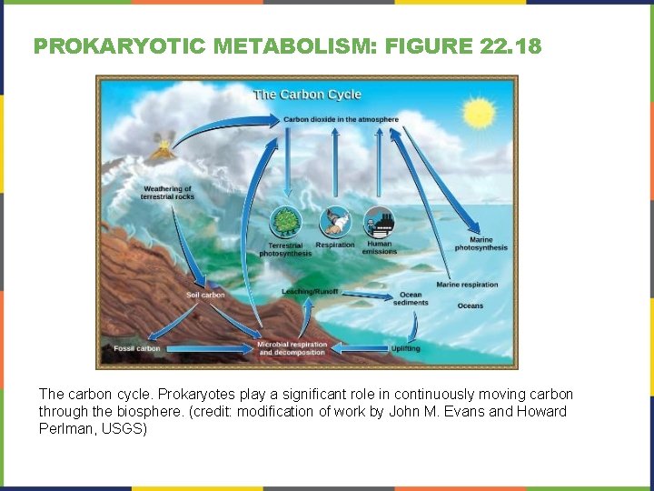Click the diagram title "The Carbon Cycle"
click(x=307, y=95)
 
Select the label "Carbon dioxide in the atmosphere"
click(x=341, y=119)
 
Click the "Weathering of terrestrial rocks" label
click(x=167, y=193)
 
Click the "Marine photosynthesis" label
click(x=481, y=244)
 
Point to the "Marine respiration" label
click(x=467, y=285)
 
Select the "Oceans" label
click(x=470, y=306)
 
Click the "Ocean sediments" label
click(x=411, y=298)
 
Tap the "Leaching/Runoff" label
click(x=310, y=291)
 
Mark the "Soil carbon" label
click(x=205, y=295)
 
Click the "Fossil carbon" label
click(x=137, y=348)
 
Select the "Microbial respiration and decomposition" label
click(x=292, y=348)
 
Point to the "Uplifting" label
click(x=405, y=348)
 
